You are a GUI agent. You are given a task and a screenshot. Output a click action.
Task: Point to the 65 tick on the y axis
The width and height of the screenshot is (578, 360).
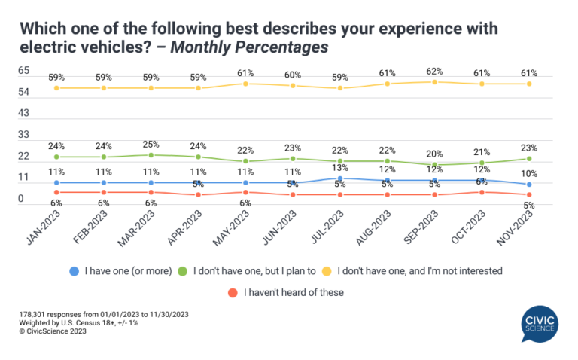(x=23, y=70)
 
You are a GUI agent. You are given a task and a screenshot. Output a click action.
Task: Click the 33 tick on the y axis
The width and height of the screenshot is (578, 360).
(x=23, y=135)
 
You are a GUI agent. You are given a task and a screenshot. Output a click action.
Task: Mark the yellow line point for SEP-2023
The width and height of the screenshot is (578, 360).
(x=435, y=81)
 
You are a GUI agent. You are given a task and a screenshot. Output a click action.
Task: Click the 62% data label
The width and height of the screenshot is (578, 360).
(x=435, y=71)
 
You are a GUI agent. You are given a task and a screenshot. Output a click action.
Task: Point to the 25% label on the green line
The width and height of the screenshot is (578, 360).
(x=151, y=144)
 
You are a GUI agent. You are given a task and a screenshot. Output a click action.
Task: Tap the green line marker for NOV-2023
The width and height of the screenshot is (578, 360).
(x=530, y=159)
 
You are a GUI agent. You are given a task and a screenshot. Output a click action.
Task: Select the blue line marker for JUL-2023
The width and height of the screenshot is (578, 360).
(x=340, y=178)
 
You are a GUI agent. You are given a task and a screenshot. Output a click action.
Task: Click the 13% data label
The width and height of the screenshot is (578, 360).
(x=340, y=168)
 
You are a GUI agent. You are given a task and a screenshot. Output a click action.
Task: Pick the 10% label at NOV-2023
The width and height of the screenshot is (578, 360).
(x=529, y=173)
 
